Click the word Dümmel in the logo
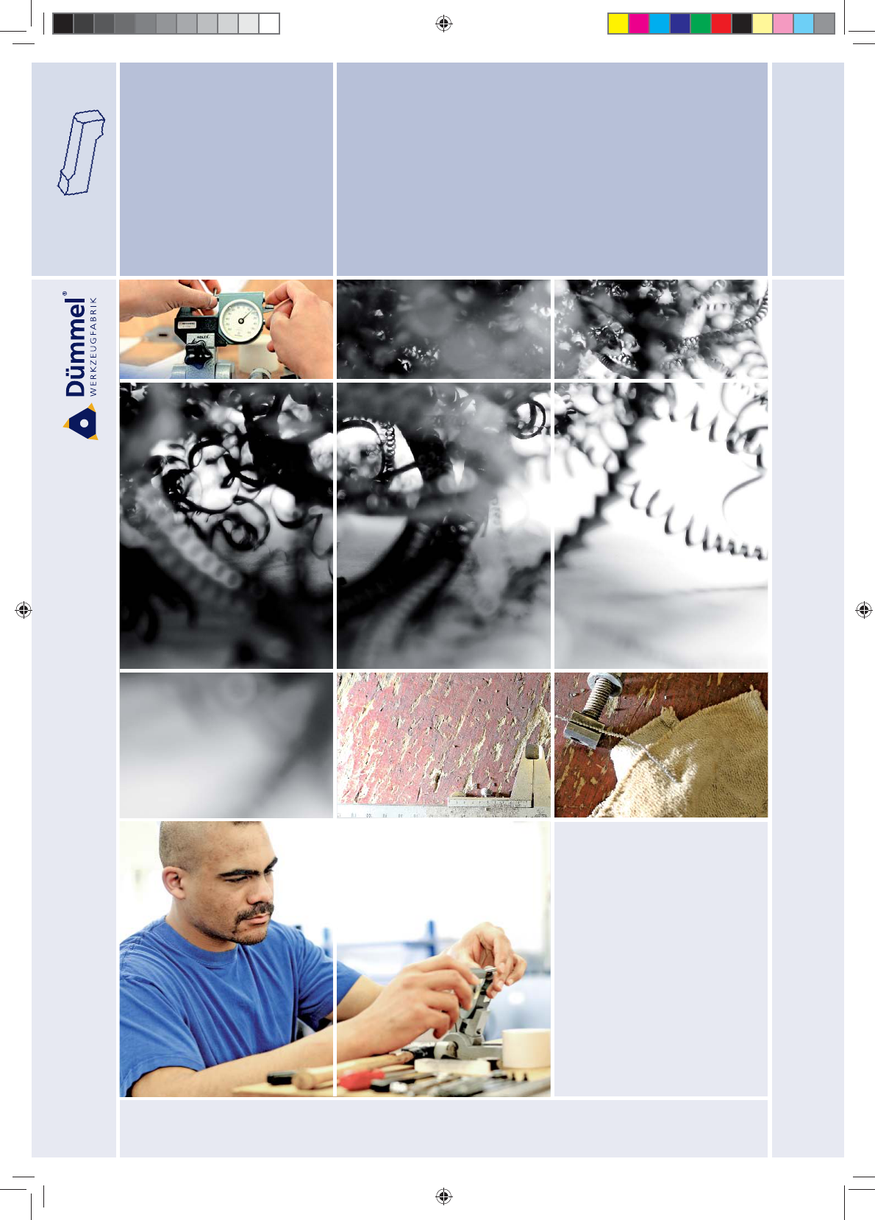point(76,347)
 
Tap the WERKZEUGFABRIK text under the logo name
point(93,347)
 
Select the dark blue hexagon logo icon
point(81,422)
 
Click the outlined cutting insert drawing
point(81,152)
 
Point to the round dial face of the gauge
point(242,319)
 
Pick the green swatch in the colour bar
point(700,24)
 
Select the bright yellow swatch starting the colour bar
point(618,24)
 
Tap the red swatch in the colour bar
point(721,24)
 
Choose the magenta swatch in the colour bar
point(639,24)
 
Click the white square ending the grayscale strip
point(269,24)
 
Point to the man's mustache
point(254,911)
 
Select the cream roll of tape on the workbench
point(526,1049)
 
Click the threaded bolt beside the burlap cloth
point(594,709)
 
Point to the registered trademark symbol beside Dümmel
point(65,294)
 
